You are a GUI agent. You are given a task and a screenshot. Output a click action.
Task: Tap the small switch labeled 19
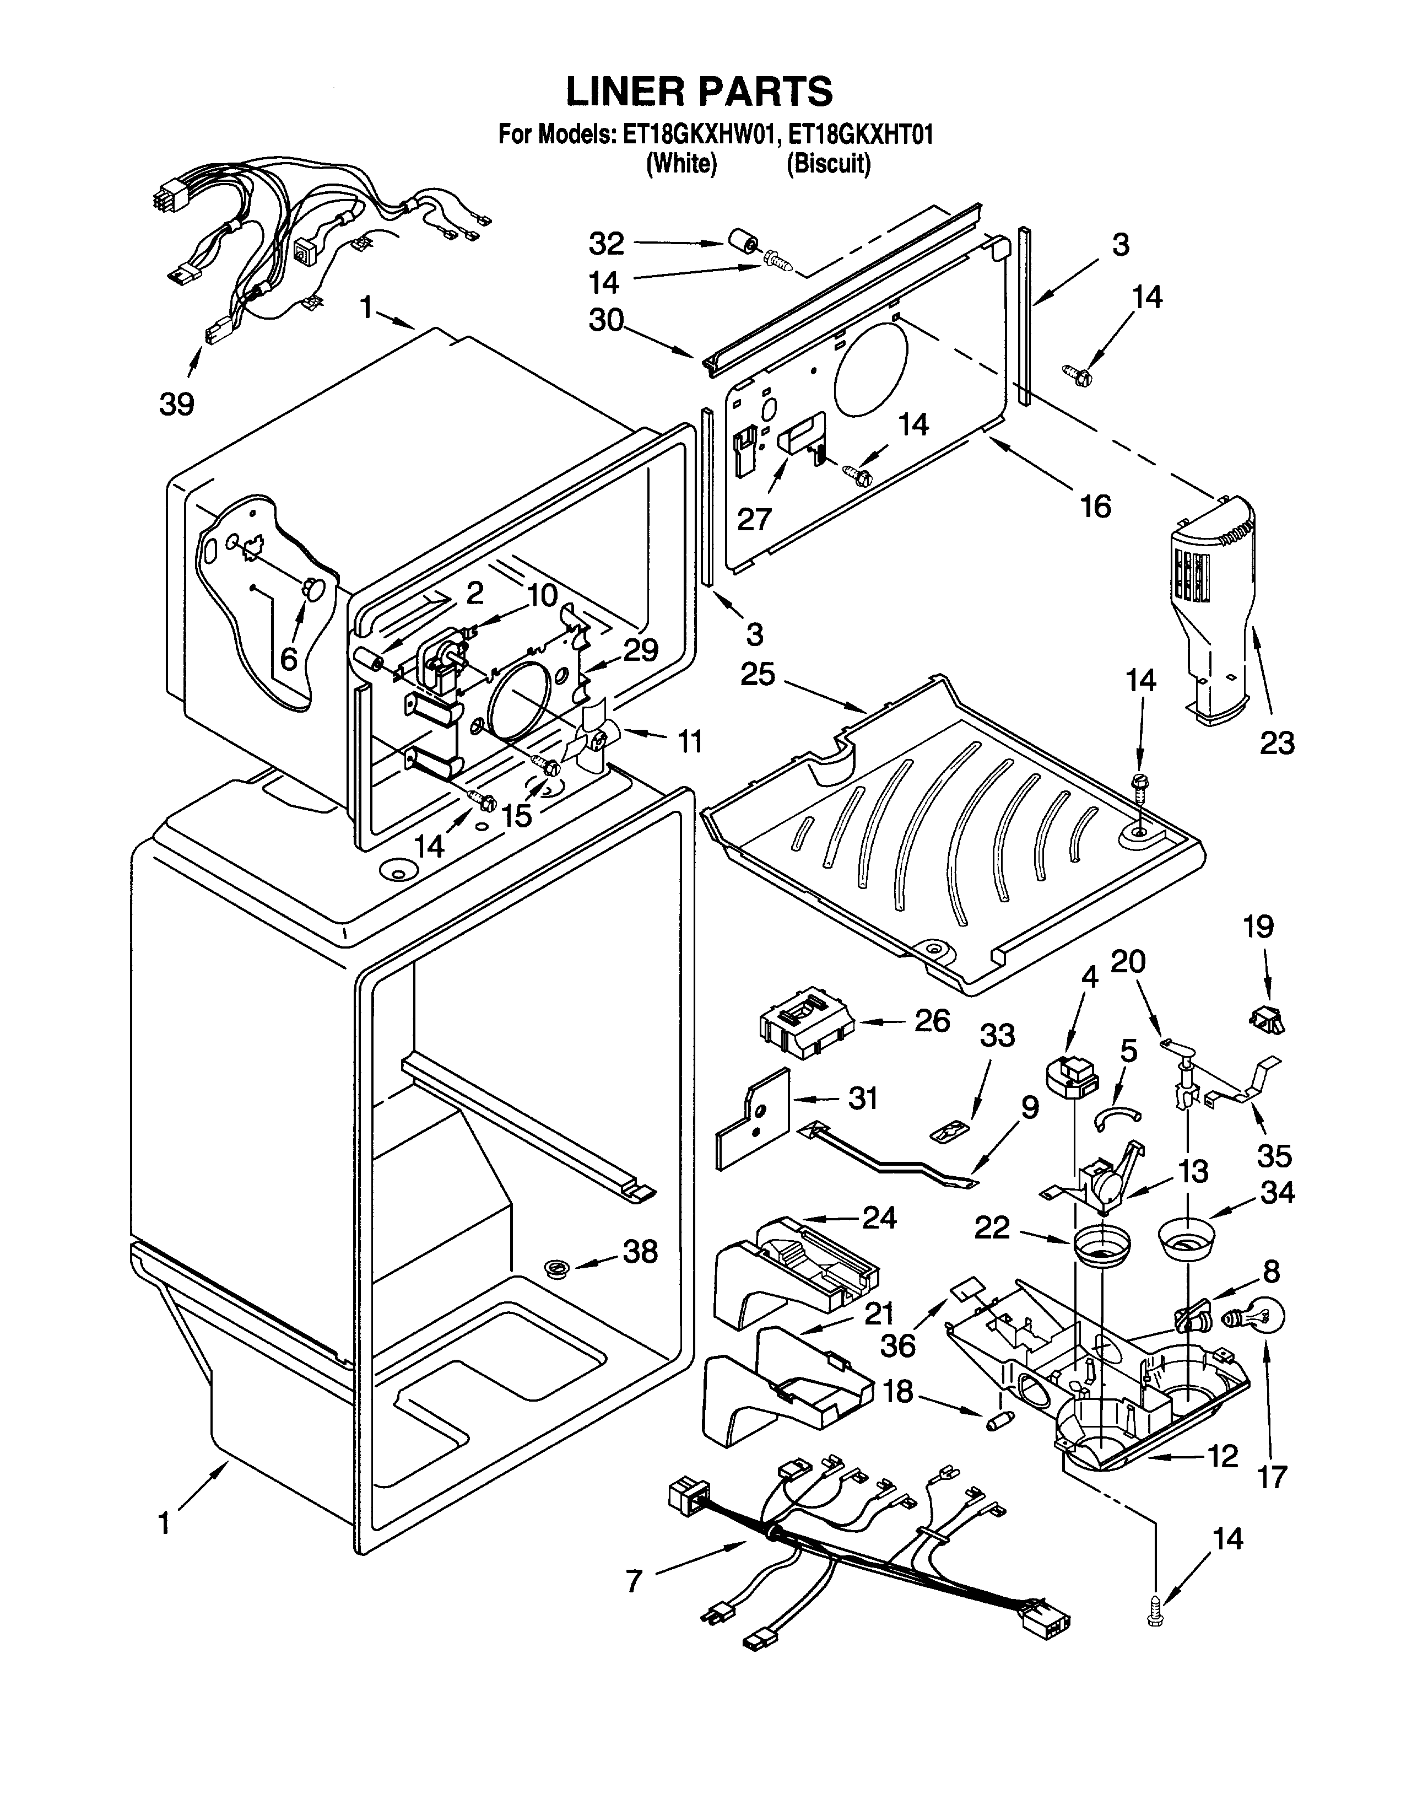tap(1267, 1020)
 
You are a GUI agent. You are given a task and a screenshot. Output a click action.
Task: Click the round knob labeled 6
tap(312, 588)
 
